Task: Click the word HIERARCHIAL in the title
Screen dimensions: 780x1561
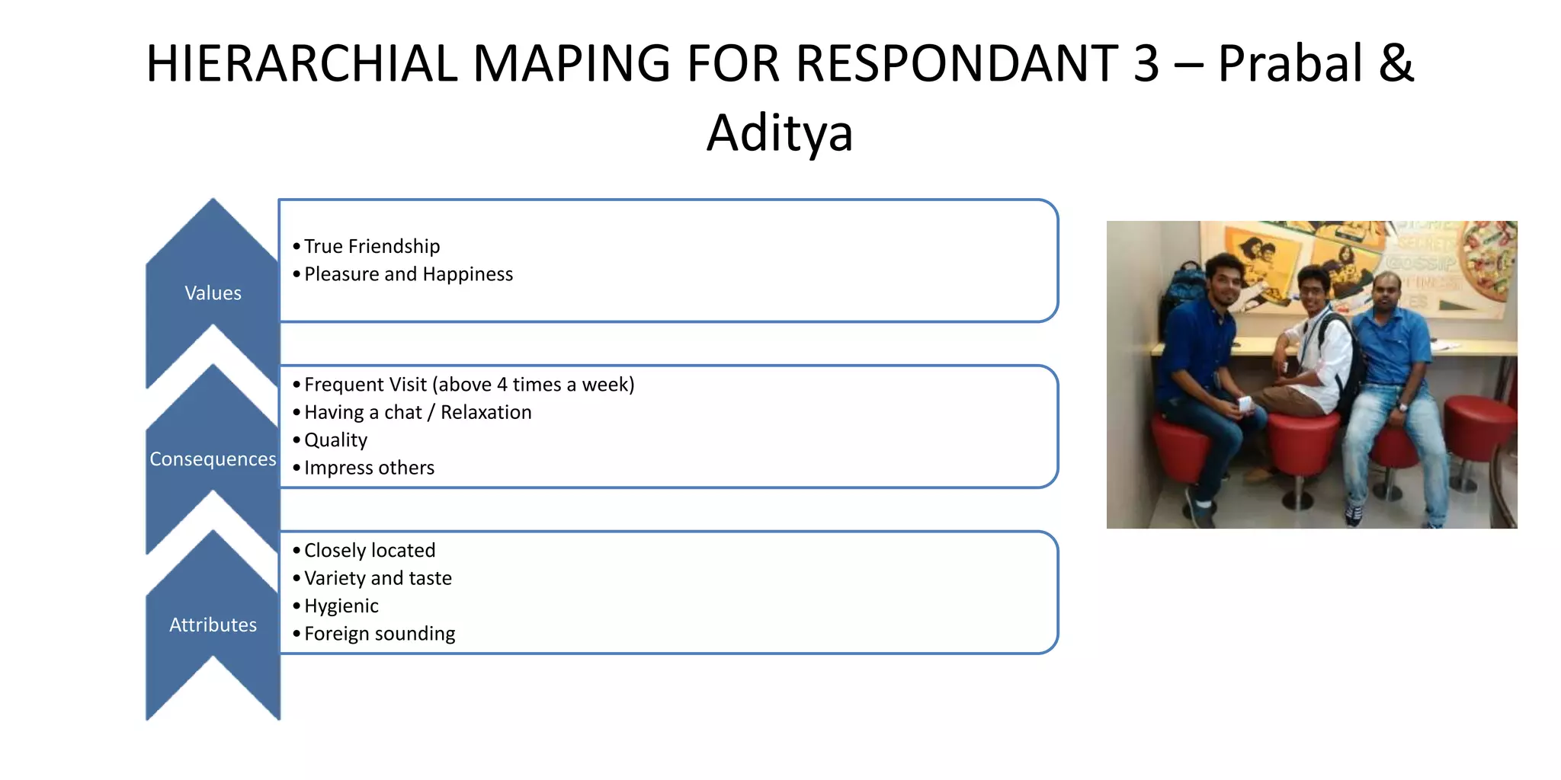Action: [x=300, y=63]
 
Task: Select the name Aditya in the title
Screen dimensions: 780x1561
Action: [x=779, y=133]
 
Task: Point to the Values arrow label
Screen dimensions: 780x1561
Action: [x=213, y=293]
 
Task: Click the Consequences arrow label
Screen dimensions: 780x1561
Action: [x=213, y=459]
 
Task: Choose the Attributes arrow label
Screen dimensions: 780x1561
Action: [x=213, y=625]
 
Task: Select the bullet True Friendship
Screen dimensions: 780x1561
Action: [x=372, y=247]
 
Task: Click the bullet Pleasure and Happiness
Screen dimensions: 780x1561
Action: [x=409, y=274]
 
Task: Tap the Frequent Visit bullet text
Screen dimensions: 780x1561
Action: [x=469, y=385]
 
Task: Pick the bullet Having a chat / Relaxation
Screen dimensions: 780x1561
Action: [x=418, y=413]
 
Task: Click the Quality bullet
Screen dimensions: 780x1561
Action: [x=335, y=440]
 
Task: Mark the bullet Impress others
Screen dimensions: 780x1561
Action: [x=369, y=468]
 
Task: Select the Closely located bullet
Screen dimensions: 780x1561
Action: [x=370, y=551]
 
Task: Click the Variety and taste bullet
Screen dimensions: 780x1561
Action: [x=378, y=578]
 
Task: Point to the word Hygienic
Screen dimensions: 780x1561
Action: [x=341, y=606]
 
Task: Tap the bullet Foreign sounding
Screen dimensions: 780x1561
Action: [x=380, y=634]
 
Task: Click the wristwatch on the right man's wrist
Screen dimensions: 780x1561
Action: [x=1403, y=407]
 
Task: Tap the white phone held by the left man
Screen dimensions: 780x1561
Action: [x=1245, y=404]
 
